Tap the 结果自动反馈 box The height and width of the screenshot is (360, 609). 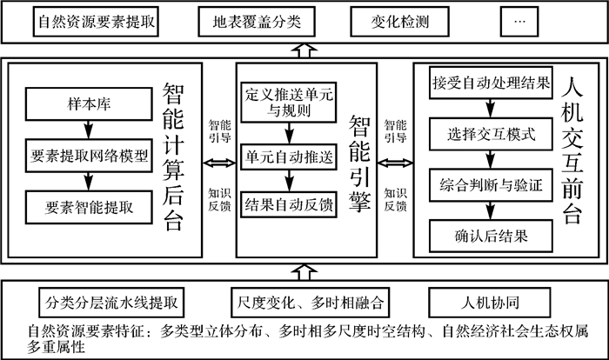(x=289, y=206)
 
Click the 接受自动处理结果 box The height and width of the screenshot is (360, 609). (x=491, y=83)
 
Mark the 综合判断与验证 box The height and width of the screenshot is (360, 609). (x=491, y=184)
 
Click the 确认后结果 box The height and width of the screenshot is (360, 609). (x=491, y=232)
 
